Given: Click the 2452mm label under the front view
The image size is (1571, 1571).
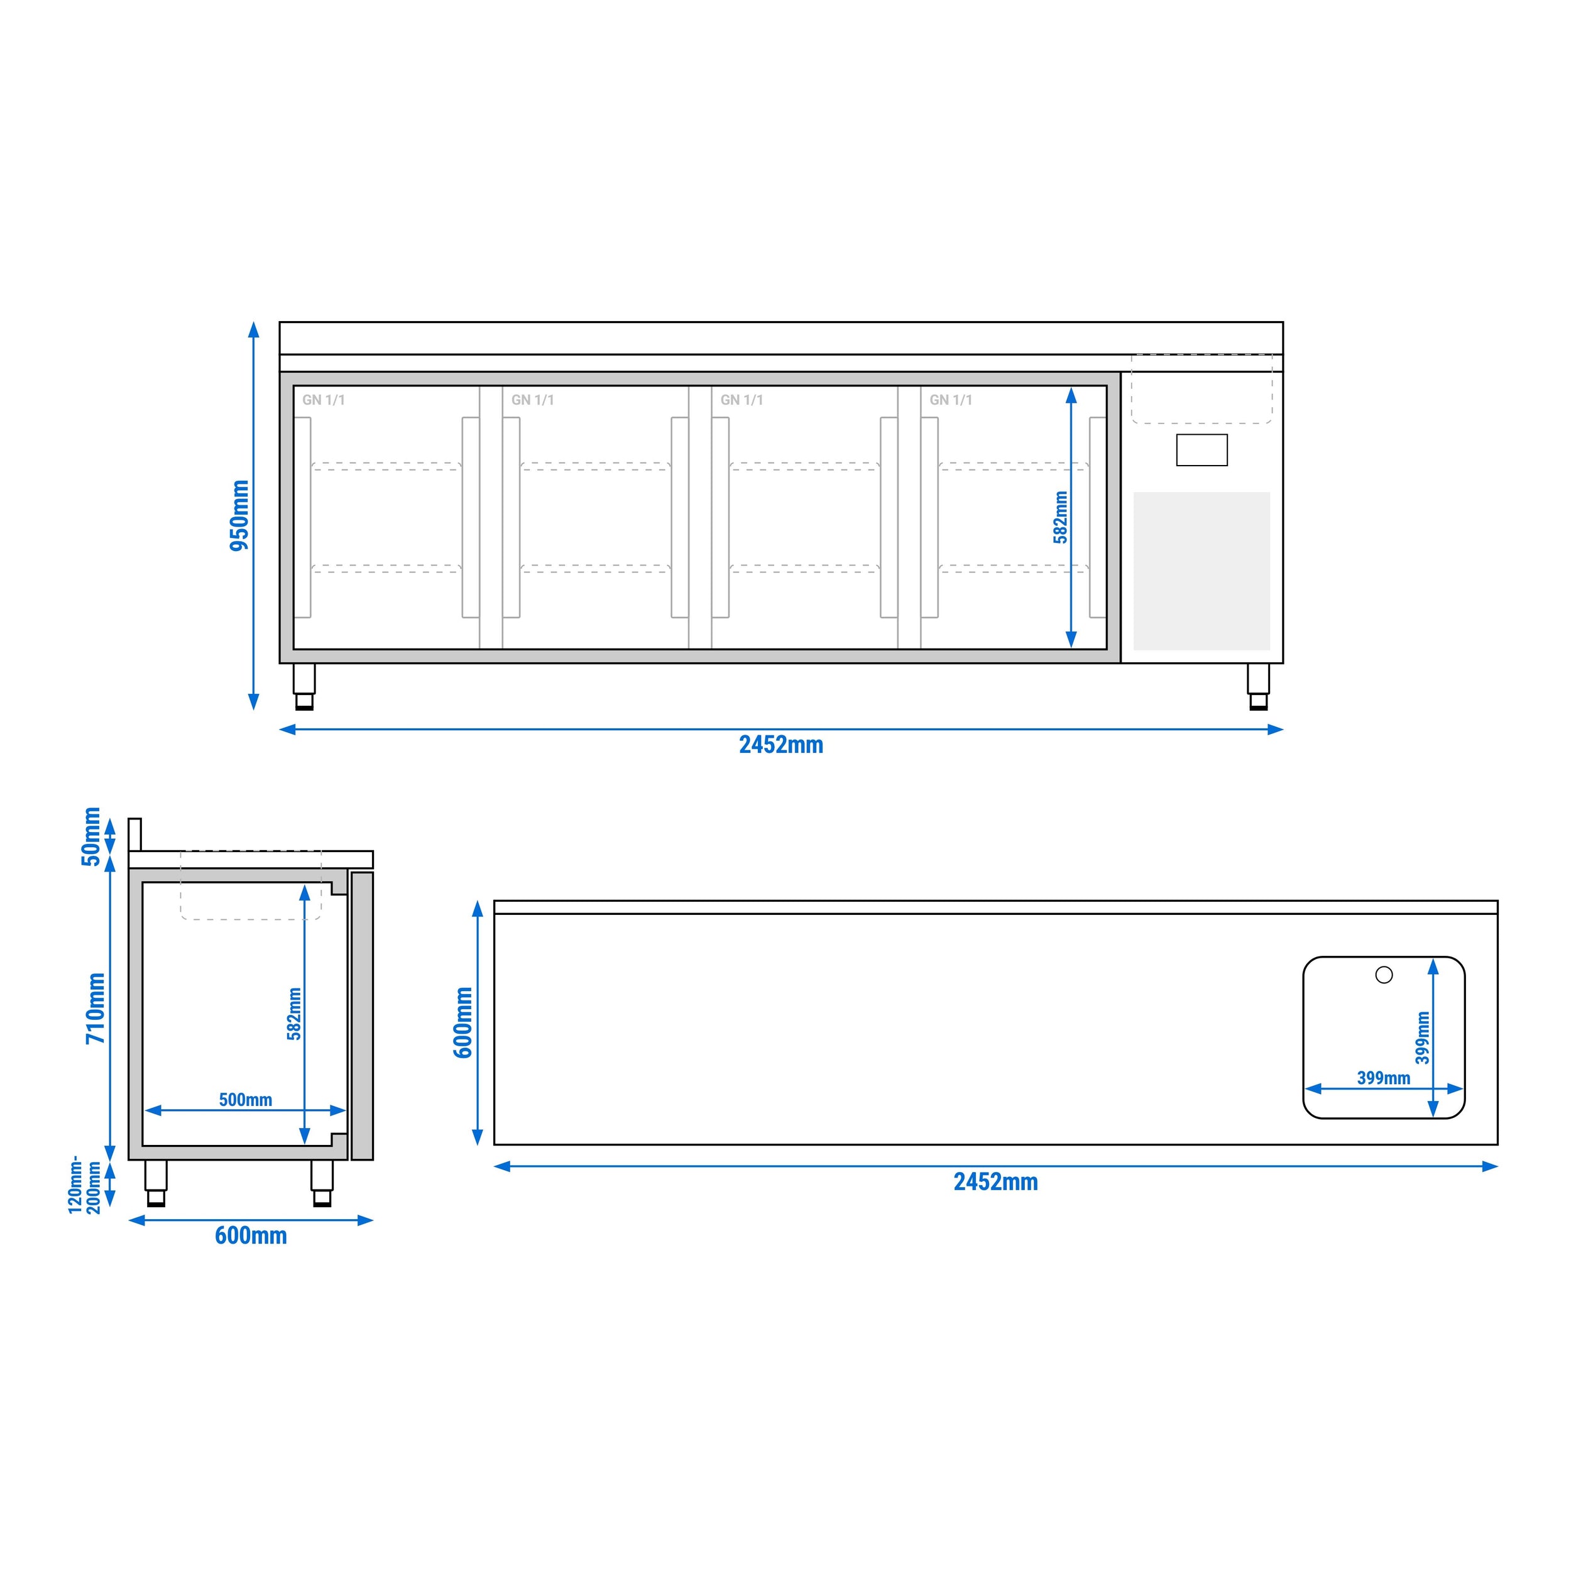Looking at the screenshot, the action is (x=780, y=745).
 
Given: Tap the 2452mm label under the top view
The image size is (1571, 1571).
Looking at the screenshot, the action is (x=995, y=1181).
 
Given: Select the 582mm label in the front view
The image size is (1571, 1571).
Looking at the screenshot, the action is (x=1060, y=517).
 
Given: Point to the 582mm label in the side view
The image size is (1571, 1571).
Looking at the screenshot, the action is (x=294, y=1014).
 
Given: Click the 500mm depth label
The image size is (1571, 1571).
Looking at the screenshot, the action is (x=246, y=1099).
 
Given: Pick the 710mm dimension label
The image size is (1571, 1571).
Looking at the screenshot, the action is (x=96, y=1009).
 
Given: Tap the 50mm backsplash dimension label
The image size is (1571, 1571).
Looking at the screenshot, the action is (x=91, y=837).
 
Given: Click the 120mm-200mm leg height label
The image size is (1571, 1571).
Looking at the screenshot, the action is (x=85, y=1185).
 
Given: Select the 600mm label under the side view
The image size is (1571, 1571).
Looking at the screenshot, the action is (x=251, y=1236).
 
